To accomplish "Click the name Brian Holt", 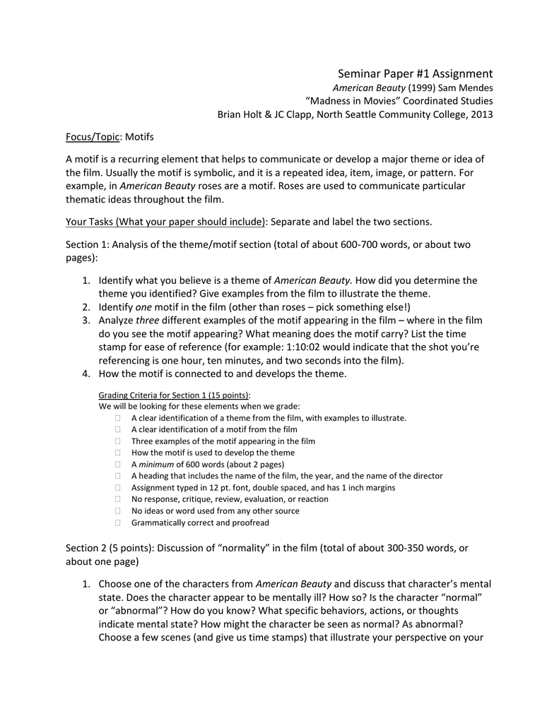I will pos(240,114).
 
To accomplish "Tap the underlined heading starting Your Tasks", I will pos(165,222).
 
